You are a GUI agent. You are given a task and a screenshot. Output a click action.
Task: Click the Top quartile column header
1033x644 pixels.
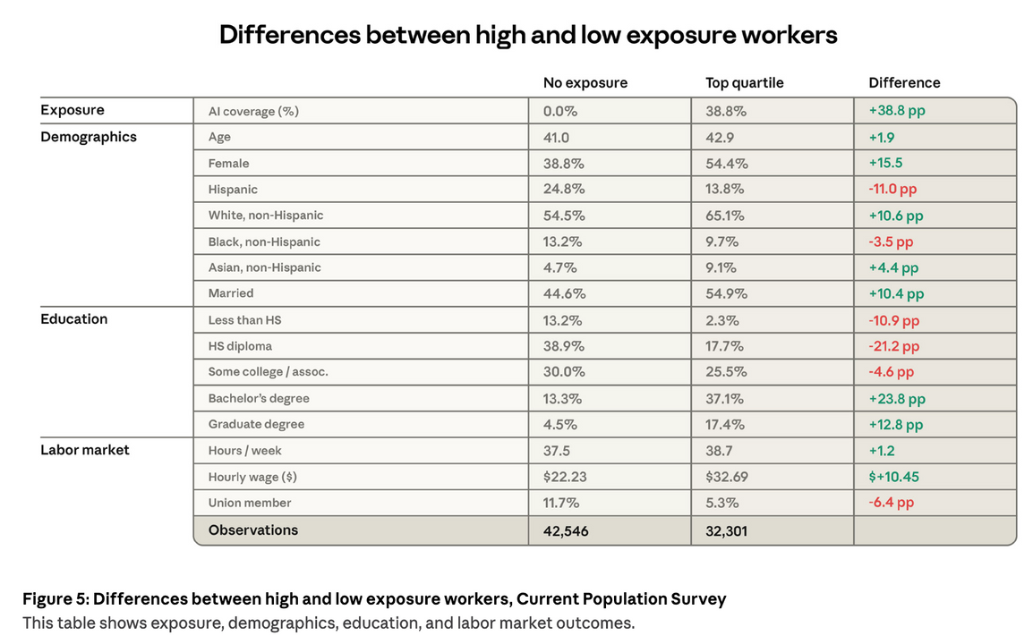[744, 82]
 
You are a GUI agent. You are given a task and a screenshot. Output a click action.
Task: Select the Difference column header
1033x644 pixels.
[904, 82]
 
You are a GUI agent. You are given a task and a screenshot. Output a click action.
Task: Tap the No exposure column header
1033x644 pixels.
[585, 82]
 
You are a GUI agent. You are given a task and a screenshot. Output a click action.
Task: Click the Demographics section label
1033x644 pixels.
[89, 137]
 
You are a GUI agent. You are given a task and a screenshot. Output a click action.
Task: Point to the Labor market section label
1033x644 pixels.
[85, 450]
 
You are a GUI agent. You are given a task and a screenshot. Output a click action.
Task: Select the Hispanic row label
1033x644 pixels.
[233, 190]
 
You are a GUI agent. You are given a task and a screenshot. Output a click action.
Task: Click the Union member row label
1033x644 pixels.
[250, 503]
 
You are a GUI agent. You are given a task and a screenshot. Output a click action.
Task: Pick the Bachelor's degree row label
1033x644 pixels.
[259, 398]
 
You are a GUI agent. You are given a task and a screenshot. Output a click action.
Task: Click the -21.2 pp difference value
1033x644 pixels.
[894, 346]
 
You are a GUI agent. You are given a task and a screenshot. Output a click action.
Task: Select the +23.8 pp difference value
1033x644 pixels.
[897, 399]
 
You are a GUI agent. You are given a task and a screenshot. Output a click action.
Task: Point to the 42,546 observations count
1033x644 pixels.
[566, 530]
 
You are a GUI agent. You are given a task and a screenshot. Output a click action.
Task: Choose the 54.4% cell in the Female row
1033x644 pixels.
[727, 164]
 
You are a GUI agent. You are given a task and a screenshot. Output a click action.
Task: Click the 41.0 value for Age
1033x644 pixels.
[556, 138]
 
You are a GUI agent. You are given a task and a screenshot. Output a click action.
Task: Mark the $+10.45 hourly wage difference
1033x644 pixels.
[894, 477]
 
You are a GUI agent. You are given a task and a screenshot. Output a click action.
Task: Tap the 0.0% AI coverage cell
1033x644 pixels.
[560, 112]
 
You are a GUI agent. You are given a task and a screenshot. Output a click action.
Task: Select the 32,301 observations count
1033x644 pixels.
[726, 530]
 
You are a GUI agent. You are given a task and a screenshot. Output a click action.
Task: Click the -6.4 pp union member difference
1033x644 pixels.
[892, 503]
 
